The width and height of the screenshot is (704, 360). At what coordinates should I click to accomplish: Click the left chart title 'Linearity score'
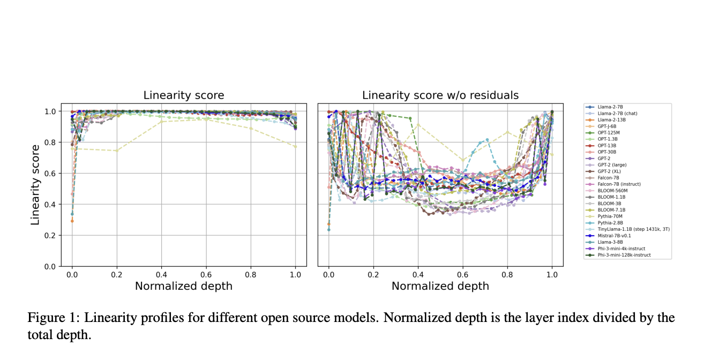pos(183,95)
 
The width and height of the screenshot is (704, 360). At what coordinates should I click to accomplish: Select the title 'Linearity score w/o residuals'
pos(440,95)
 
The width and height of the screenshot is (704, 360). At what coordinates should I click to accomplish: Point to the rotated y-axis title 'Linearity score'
pos(35,184)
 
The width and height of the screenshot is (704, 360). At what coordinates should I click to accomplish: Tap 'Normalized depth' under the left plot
pos(183,286)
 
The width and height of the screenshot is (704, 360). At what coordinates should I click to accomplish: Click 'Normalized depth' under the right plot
pos(440,286)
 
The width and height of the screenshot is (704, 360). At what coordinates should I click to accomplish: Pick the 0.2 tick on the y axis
pos(50,235)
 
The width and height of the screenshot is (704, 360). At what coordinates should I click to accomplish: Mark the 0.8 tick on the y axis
pos(50,142)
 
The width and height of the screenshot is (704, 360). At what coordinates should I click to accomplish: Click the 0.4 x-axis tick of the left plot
pos(161,273)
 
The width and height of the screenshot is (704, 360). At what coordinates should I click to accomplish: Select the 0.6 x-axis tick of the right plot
pos(462,273)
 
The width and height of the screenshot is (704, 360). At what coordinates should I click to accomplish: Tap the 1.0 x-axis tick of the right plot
pos(552,273)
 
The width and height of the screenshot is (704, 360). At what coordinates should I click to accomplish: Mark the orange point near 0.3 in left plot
pos(72,221)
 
